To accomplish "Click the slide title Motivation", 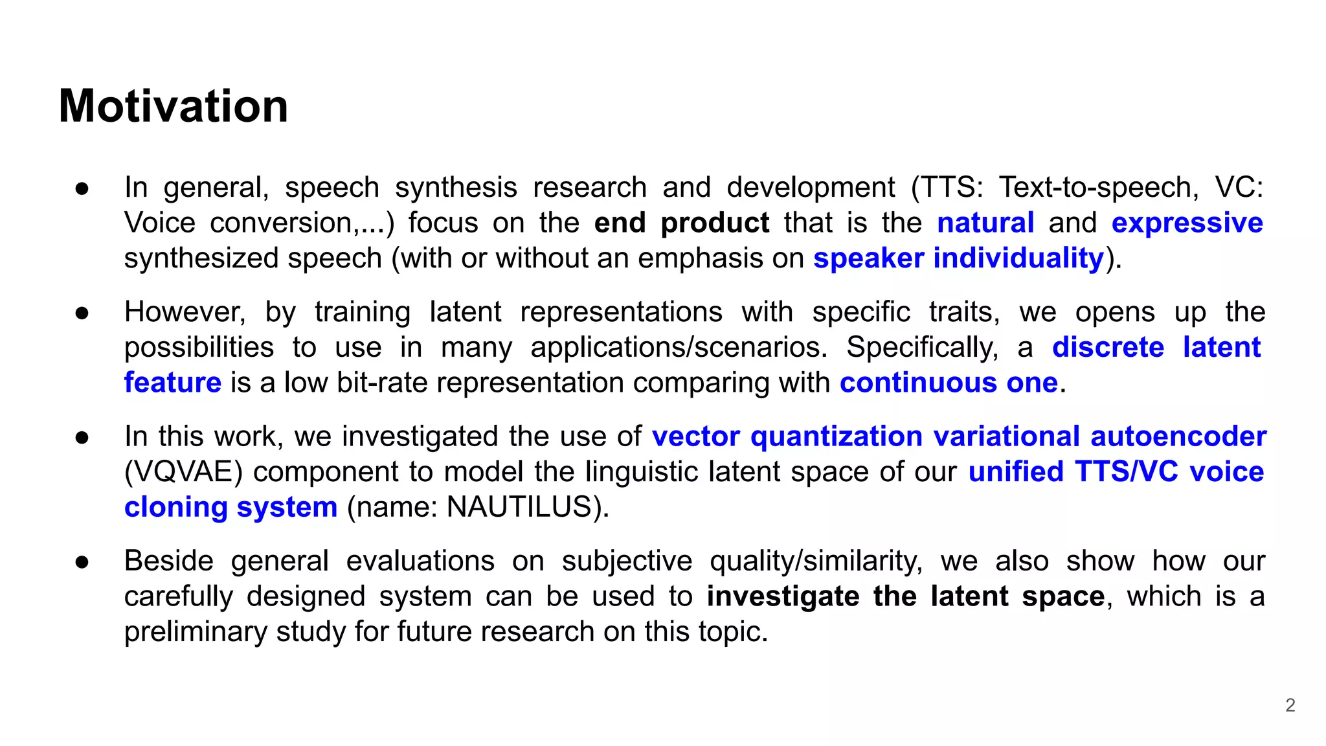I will pyautogui.click(x=174, y=106).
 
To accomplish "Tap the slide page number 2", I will pyautogui.click(x=1290, y=705).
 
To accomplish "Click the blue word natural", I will pyautogui.click(x=985, y=223).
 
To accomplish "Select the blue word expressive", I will pyautogui.click(x=1187, y=223).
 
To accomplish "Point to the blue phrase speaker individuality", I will pyautogui.click(x=958, y=258).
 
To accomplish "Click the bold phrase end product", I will pyautogui.click(x=681, y=223).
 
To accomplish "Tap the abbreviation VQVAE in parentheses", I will pyautogui.click(x=183, y=472).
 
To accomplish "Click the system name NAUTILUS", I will pyautogui.click(x=519, y=507).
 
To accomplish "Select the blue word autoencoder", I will pyautogui.click(x=1178, y=436).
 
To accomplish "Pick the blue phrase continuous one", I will pyautogui.click(x=949, y=383).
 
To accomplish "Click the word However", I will pyautogui.click(x=185, y=312).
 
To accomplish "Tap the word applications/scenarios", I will pyautogui.click(x=679, y=348).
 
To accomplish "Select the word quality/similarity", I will pyautogui.click(x=816, y=561).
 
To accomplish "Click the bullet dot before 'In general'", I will pyautogui.click(x=82, y=188).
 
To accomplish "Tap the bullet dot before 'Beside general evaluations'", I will pyautogui.click(x=82, y=562).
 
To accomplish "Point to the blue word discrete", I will pyautogui.click(x=1108, y=348).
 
